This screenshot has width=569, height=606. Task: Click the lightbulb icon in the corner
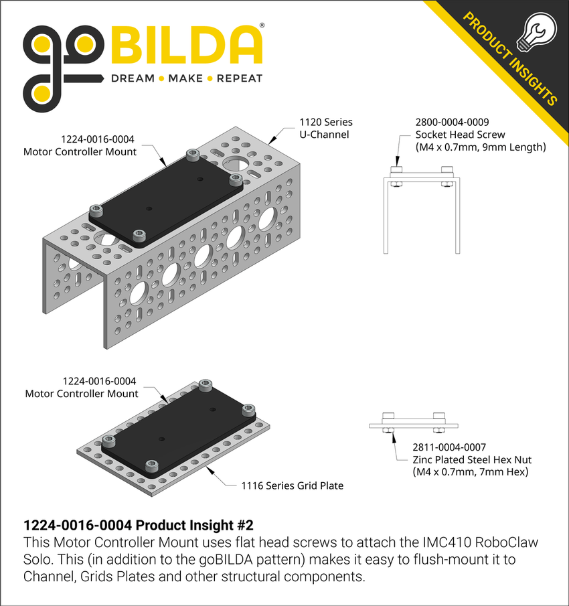(x=539, y=33)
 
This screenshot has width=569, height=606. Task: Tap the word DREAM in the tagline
(x=132, y=78)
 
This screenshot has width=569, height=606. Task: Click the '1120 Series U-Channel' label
(x=325, y=129)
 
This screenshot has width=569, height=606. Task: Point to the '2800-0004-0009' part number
(x=452, y=123)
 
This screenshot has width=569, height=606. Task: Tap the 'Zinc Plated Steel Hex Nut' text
(x=471, y=459)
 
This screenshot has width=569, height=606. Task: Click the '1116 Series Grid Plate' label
(x=292, y=485)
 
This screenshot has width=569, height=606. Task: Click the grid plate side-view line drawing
(x=414, y=425)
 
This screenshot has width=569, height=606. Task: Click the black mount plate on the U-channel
(x=167, y=198)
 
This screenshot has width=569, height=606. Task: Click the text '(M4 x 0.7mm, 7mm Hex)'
(x=471, y=472)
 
